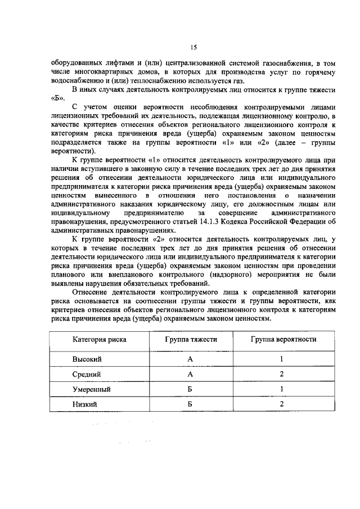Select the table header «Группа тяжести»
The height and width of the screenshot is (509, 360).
coord(191,340)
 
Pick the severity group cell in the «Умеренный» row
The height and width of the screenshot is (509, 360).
coord(191,389)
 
